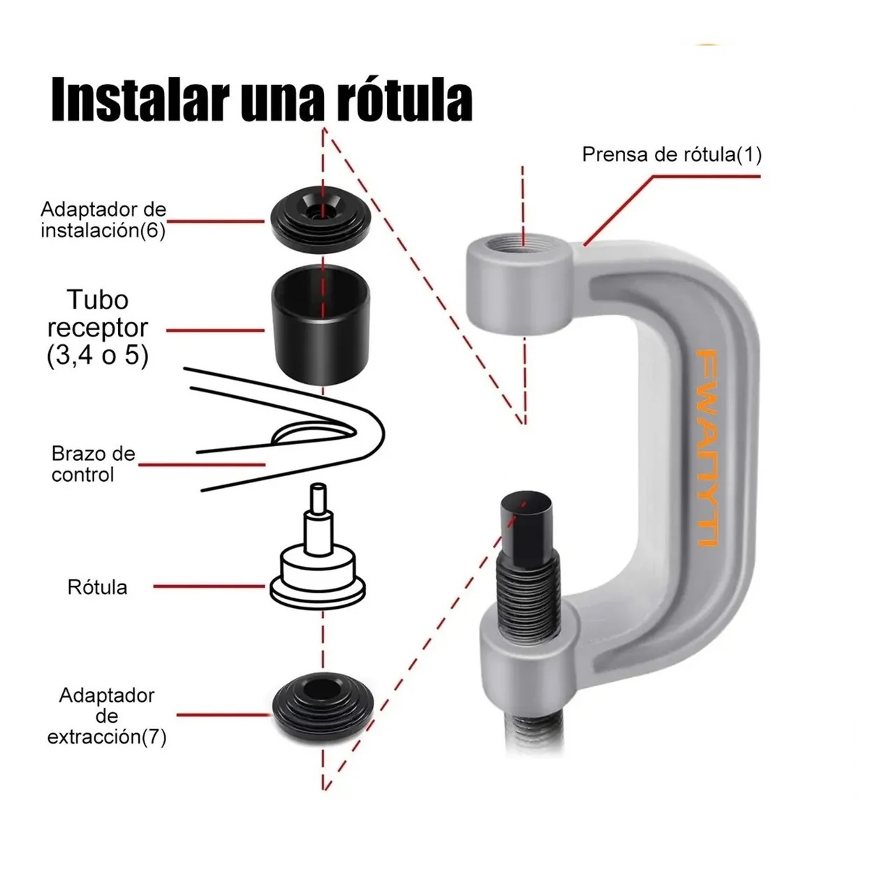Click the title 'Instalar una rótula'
262,100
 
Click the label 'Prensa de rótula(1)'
671,154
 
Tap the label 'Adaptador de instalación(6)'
103,220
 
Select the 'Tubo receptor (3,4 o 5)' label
98,327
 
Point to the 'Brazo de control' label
93,464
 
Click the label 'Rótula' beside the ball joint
97,587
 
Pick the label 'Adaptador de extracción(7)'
107,716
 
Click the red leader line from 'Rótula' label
209,587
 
